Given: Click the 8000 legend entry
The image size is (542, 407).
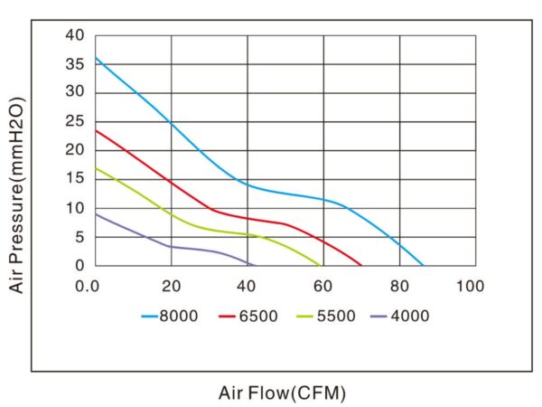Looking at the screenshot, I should click(x=166, y=316).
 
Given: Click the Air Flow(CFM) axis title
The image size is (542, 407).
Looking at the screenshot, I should click(x=282, y=393).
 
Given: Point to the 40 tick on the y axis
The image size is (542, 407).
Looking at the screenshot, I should click(x=75, y=35).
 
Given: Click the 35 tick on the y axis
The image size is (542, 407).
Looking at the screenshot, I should click(x=75, y=64).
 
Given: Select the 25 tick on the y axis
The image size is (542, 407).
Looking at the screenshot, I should click(x=75, y=121).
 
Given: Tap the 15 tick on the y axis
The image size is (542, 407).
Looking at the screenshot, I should click(x=75, y=179).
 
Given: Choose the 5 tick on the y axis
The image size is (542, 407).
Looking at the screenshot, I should click(x=79, y=237).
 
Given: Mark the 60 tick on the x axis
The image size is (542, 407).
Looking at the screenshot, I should click(x=322, y=286).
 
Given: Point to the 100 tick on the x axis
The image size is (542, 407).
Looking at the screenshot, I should click(x=471, y=286).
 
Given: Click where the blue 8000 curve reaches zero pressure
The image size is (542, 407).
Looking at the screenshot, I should click(x=423, y=265).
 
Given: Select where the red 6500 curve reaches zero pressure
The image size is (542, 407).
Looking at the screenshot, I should click(x=361, y=265).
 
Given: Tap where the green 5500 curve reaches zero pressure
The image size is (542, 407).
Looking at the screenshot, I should click(x=322, y=265).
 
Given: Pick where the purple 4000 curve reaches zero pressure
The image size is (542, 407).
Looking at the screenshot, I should click(x=255, y=265).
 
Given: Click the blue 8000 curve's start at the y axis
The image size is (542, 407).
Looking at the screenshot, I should click(x=96, y=58).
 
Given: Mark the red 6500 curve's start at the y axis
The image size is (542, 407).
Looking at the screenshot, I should click(x=96, y=130).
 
